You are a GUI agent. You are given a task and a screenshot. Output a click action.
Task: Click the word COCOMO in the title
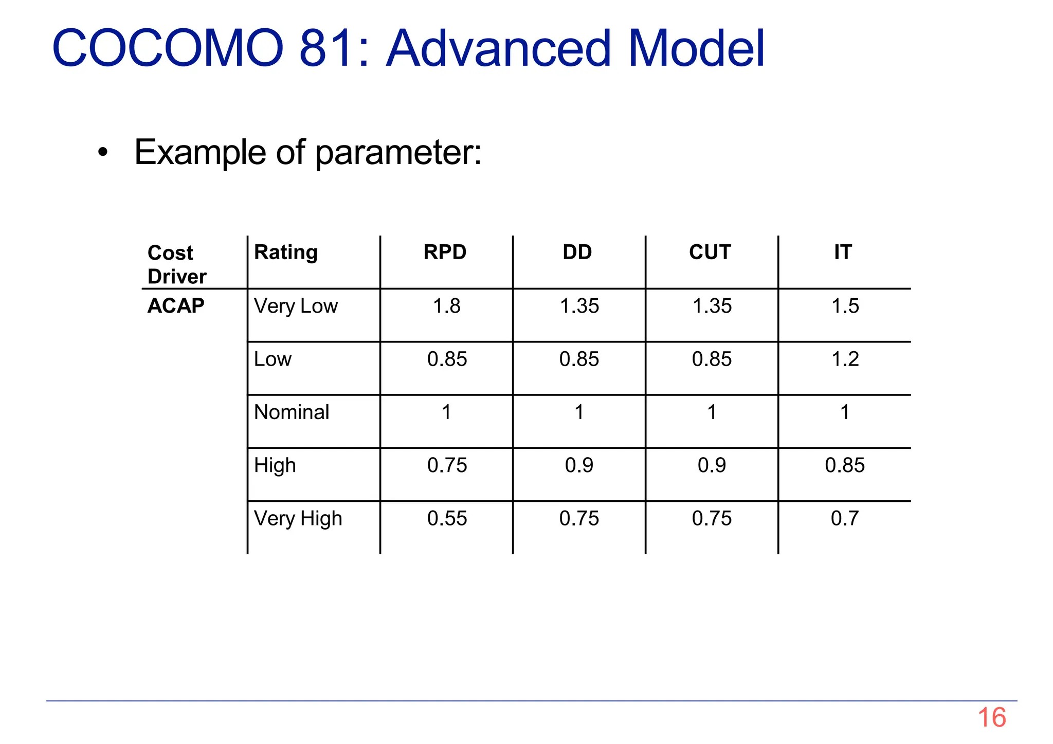coord(168,48)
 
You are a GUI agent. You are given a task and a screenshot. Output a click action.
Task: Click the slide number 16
coord(991,717)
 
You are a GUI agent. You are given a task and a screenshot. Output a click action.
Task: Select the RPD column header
coord(445,252)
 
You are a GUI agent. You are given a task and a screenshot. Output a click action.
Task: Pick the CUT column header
coord(710,252)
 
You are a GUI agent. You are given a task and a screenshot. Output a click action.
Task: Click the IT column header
coord(843,252)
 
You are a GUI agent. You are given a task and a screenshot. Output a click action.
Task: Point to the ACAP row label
coord(176,306)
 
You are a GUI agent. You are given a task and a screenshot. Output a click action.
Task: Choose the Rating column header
coord(286,252)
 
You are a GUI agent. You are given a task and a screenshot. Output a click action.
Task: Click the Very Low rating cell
coord(296,306)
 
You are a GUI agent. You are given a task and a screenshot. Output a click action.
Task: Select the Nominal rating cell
coord(292,412)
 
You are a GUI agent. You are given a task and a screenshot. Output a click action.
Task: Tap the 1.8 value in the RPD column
coord(446,306)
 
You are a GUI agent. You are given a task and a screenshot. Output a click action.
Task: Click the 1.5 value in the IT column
coord(845,306)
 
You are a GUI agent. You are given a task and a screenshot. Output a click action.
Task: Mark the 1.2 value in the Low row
coord(845,359)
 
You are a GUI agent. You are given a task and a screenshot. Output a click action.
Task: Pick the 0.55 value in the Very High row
coord(447,518)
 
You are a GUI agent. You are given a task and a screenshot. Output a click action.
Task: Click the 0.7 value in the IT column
coord(844,518)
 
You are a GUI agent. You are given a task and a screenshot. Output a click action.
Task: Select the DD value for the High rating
coord(579,465)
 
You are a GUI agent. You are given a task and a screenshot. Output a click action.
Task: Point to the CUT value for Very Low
coord(712,306)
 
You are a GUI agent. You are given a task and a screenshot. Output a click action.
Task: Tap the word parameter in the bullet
coord(398,153)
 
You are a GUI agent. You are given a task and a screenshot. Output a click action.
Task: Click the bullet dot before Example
coord(103,152)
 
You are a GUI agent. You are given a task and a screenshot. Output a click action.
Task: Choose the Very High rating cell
coord(298,518)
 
